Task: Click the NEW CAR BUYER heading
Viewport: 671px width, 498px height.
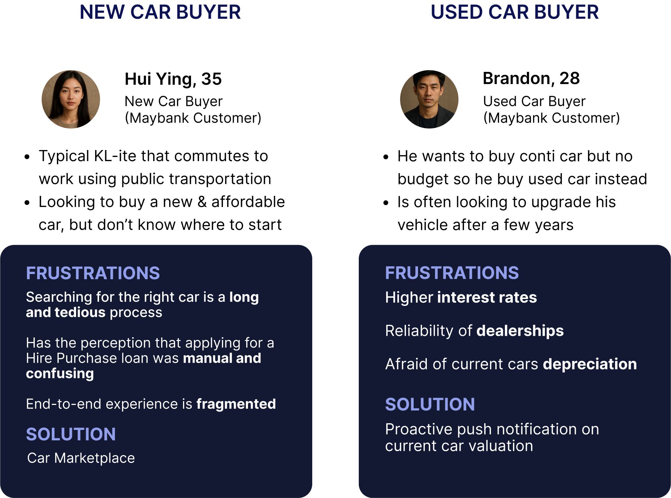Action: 160,12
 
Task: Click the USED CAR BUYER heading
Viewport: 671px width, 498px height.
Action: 515,12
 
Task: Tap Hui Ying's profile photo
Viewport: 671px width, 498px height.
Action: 71,99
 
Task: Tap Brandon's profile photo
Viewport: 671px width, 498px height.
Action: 429,99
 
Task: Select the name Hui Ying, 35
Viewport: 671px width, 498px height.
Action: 173,79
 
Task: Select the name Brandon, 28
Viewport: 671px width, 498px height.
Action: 531,78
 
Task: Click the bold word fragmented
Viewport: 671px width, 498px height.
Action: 236,404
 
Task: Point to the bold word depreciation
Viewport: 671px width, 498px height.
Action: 590,364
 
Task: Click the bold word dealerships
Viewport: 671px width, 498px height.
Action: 520,331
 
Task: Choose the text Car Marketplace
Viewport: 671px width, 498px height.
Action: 81,458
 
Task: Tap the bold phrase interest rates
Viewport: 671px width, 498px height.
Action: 487,298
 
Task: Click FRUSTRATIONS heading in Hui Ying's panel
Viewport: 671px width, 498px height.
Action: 93,273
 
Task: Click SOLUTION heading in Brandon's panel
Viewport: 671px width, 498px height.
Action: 430,404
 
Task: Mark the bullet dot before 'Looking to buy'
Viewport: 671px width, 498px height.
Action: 27,203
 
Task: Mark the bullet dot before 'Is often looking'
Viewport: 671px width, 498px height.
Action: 386,203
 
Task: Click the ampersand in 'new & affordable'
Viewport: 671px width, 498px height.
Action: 202,202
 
